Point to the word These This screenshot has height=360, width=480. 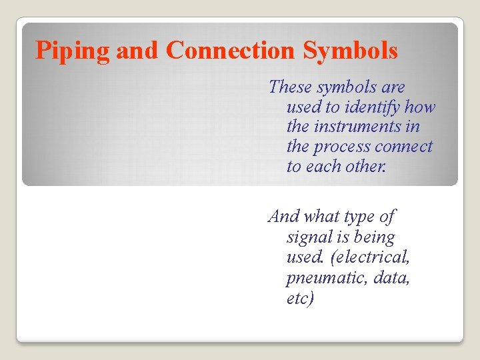[x=290, y=87]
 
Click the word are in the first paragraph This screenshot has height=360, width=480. [x=393, y=87]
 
